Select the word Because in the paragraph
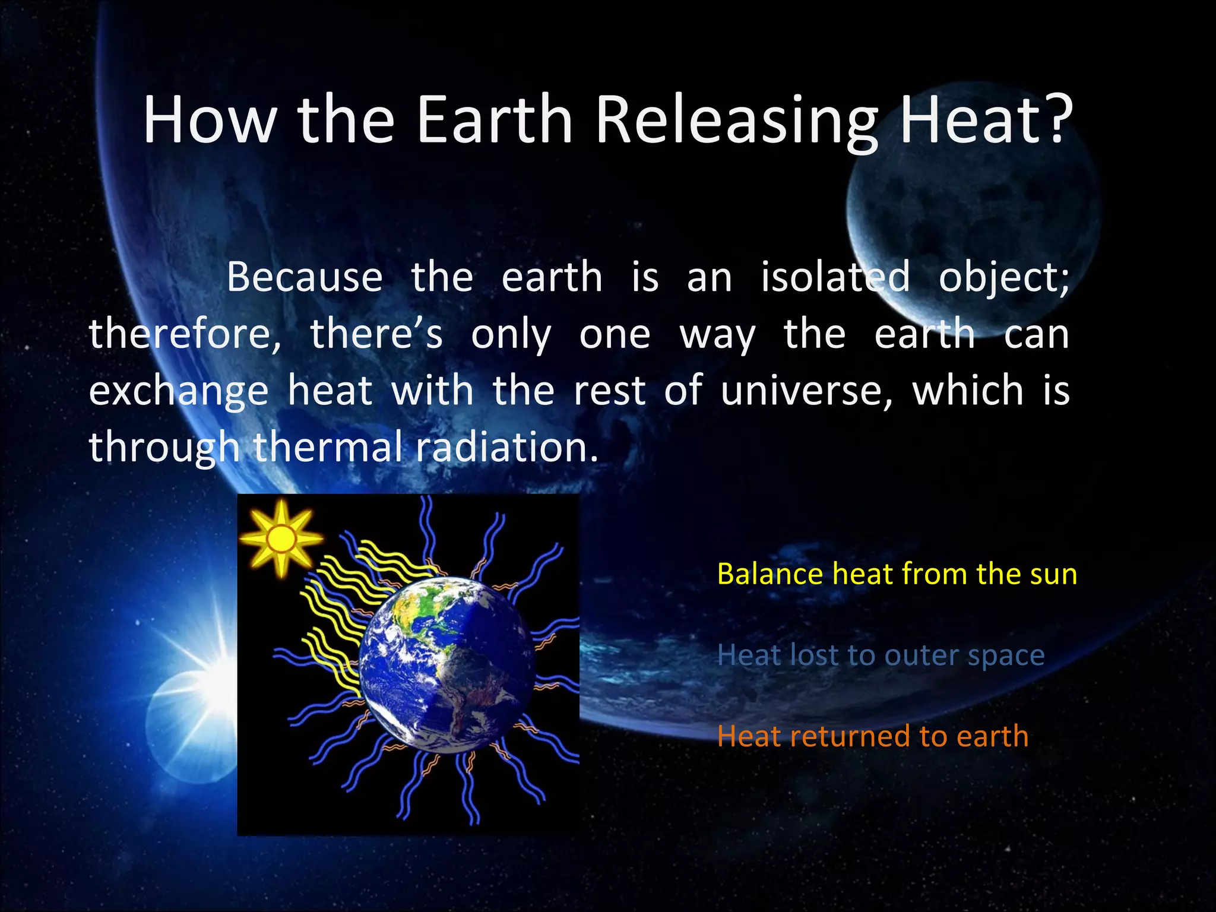[x=305, y=277]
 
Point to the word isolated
[x=835, y=277]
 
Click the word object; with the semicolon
[x=1003, y=277]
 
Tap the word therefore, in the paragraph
[x=185, y=334]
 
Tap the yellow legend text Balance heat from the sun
[x=897, y=574]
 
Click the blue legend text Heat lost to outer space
[x=881, y=655]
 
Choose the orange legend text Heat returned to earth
[x=872, y=736]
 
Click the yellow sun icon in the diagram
[x=281, y=539]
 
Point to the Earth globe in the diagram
[x=446, y=665]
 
